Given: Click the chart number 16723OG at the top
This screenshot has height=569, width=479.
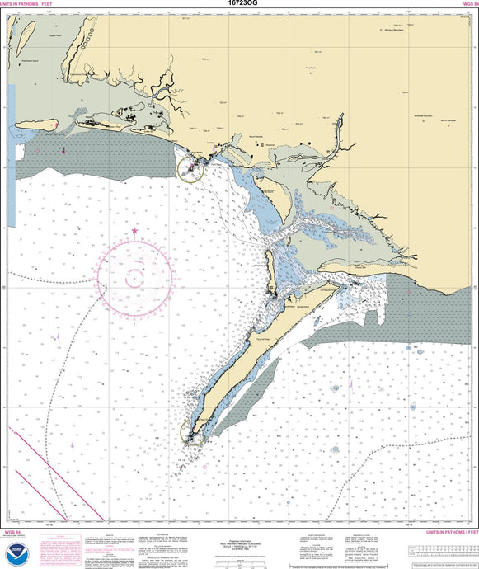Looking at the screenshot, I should pyautogui.click(x=238, y=4).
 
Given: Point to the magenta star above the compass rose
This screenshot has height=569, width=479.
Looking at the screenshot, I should pyautogui.click(x=135, y=232).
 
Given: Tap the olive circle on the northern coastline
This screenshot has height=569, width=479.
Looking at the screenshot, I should pyautogui.click(x=190, y=169).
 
